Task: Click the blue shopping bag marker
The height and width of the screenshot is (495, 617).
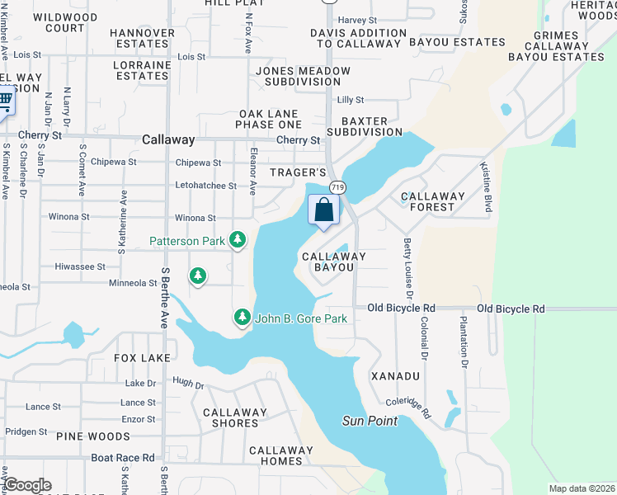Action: click(x=324, y=210)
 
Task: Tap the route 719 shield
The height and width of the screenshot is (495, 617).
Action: click(x=338, y=188)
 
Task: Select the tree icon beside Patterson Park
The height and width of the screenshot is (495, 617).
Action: click(x=238, y=240)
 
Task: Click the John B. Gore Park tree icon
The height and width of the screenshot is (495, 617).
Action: click(x=242, y=317)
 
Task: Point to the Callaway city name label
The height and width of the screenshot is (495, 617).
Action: click(x=168, y=140)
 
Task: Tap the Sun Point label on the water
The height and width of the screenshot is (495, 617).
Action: click(x=370, y=421)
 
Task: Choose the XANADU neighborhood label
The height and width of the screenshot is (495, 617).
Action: click(x=395, y=375)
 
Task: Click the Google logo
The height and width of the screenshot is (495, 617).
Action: click(x=26, y=485)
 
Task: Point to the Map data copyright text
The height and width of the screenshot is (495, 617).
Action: click(x=582, y=488)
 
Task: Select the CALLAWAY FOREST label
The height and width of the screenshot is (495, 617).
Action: click(x=433, y=201)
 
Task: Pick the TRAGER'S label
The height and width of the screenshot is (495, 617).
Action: click(x=299, y=172)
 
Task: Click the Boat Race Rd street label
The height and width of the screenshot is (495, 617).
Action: click(x=122, y=457)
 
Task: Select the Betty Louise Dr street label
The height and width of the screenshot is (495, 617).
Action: click(x=407, y=267)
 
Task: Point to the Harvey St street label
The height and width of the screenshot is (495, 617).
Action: click(x=357, y=20)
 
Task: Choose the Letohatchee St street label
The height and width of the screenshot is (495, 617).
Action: click(x=205, y=186)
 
